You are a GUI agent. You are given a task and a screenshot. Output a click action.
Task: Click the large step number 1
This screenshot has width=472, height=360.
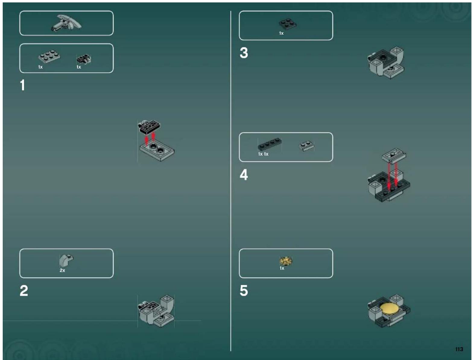click(23, 85)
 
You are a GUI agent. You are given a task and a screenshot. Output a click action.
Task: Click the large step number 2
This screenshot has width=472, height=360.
click(24, 291)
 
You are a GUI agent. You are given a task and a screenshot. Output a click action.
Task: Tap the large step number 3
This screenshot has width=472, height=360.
click(244, 53)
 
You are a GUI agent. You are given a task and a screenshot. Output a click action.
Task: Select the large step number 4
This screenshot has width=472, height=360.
click(244, 175)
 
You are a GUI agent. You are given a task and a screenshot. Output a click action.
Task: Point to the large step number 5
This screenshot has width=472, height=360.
click(244, 291)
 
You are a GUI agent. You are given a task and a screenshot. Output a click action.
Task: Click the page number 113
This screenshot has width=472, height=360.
click(459, 349)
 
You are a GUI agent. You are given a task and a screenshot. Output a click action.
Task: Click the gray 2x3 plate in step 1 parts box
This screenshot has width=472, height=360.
click(49, 56)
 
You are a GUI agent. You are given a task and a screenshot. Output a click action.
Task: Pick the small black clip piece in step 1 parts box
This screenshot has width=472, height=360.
click(84, 59)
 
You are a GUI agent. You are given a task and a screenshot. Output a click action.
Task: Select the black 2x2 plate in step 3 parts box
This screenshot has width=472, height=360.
click(287, 24)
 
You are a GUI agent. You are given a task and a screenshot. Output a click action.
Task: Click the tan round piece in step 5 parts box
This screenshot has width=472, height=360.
click(286, 261)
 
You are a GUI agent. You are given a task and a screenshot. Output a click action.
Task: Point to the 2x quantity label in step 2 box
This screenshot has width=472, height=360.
click(62, 270)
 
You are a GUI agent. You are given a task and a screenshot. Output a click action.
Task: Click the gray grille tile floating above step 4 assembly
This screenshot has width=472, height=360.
click(394, 155)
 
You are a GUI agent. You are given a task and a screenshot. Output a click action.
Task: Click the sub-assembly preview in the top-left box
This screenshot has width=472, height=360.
click(66, 23)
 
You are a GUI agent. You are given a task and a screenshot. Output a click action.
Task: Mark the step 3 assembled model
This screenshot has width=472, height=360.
click(386, 63)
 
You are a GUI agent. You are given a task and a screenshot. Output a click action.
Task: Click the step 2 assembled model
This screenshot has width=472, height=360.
click(156, 311)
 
